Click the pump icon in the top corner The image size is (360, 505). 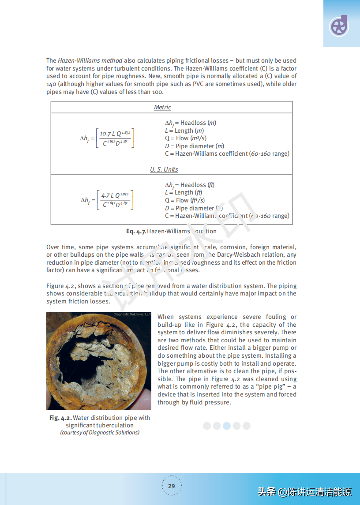[339, 26]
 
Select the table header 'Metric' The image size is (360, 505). [162, 107]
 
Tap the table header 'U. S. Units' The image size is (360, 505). [164, 169]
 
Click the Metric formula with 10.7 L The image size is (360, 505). [115, 138]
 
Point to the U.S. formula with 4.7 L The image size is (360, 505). [115, 200]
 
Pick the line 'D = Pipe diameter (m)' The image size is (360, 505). [194, 146]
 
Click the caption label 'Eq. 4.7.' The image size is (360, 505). [136, 231]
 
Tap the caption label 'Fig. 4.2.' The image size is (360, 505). [60, 418]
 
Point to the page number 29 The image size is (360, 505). [171, 486]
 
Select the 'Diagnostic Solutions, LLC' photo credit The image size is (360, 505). [132, 314]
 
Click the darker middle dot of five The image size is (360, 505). [227, 426]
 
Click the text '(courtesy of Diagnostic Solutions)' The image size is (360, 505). [100, 433]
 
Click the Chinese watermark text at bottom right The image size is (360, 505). [304, 491]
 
